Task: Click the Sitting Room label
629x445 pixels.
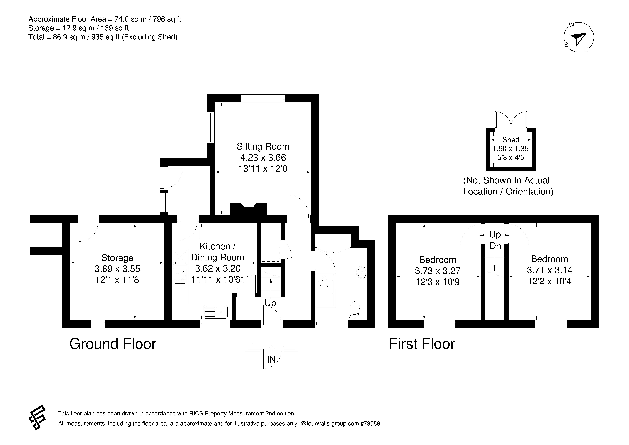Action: pyautogui.click(x=263, y=146)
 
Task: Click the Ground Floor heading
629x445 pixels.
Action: pyautogui.click(x=113, y=344)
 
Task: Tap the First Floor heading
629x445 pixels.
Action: pyautogui.click(x=422, y=344)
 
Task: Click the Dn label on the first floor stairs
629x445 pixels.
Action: pyautogui.click(x=495, y=246)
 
